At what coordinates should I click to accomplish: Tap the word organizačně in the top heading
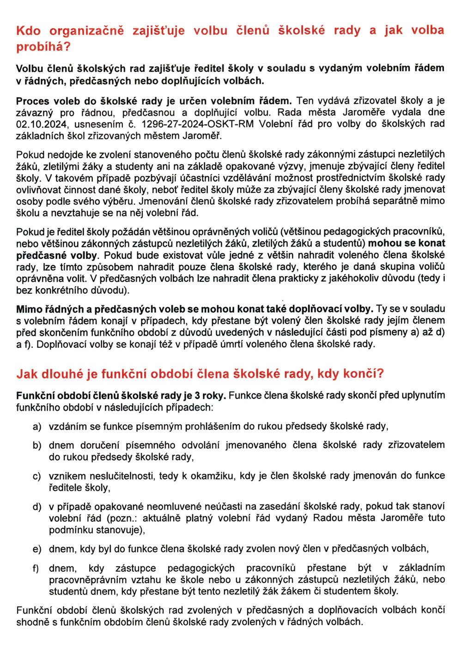[86, 31]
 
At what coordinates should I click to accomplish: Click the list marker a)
[37, 426]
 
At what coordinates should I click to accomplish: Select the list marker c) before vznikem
[37, 476]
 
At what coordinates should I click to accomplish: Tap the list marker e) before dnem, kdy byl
[37, 549]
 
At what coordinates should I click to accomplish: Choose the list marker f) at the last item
[36, 568]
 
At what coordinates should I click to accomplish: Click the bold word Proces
[33, 100]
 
